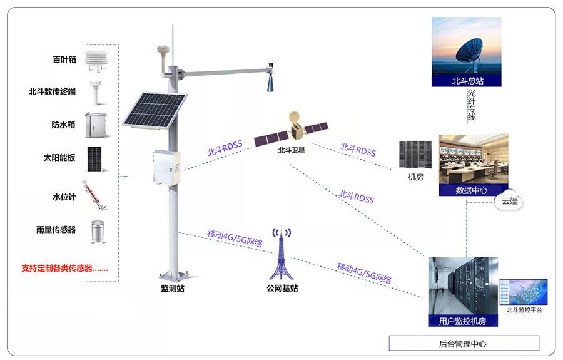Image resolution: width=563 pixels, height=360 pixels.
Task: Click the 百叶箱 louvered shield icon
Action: coord(96,60)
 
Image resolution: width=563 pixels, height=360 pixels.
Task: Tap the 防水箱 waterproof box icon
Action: coord(96,125)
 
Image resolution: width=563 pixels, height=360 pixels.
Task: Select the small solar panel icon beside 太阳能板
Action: coord(94,159)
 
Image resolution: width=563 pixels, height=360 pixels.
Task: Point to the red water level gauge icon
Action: coord(94,195)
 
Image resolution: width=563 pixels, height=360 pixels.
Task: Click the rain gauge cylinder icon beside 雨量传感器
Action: coord(98,232)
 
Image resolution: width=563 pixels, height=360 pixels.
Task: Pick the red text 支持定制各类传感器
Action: coord(64,269)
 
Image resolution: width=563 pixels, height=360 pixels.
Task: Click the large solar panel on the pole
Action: coord(155,110)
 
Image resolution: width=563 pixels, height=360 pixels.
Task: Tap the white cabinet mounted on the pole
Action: coord(167,167)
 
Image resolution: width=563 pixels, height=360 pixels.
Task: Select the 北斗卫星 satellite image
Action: coord(292,130)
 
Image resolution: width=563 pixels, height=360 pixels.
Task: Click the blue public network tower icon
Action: coord(281,253)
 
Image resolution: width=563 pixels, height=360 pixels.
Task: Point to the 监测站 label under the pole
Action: coord(173,288)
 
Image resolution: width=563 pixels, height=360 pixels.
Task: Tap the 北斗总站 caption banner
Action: coord(467,81)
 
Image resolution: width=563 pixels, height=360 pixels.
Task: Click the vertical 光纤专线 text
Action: coord(472,105)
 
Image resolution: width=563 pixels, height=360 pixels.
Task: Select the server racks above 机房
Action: coord(415,155)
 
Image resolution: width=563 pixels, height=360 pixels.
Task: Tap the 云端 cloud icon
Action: coord(510,202)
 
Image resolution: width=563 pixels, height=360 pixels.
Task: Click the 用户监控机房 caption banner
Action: coord(463,321)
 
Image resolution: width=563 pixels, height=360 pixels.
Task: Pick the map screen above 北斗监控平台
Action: coord(524,292)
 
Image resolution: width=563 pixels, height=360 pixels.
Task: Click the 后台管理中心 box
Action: coord(464,344)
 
